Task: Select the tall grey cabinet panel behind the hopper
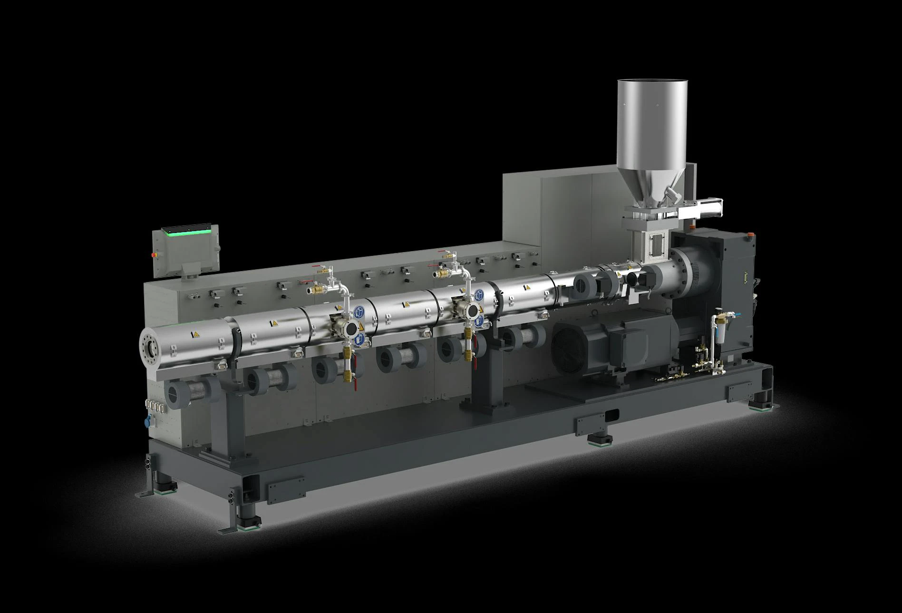[x=566, y=209]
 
